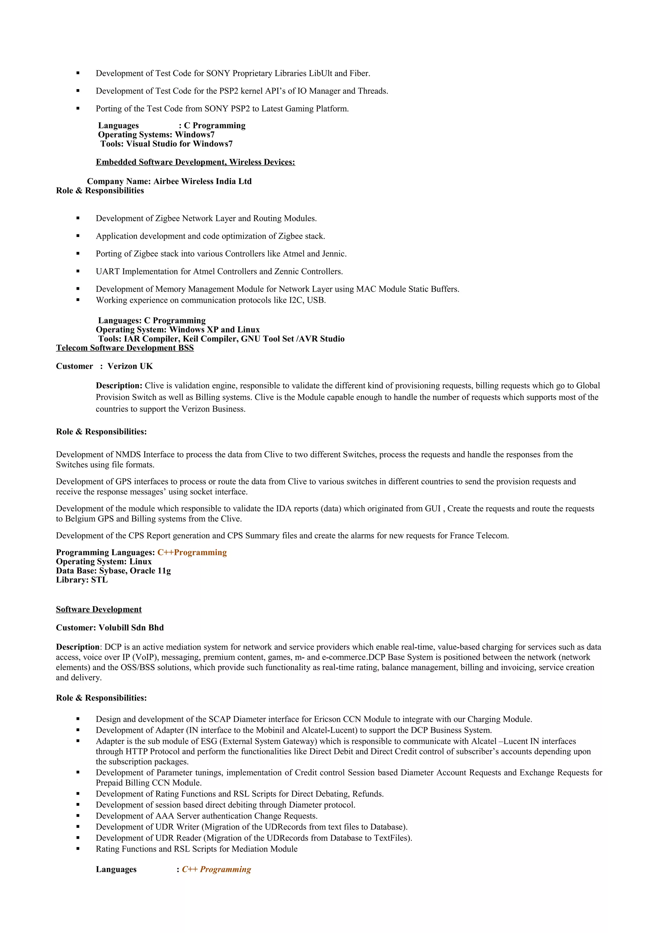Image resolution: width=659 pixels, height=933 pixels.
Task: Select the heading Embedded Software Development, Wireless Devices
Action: [x=195, y=162]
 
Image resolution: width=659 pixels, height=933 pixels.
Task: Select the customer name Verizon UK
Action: [x=130, y=366]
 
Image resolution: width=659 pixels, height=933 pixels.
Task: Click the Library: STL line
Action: [x=82, y=580]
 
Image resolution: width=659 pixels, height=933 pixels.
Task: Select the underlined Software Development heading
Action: [x=99, y=609]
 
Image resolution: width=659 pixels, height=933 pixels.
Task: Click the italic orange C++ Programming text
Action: [x=217, y=869]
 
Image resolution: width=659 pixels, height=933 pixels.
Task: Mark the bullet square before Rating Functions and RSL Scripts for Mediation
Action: [x=78, y=849]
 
